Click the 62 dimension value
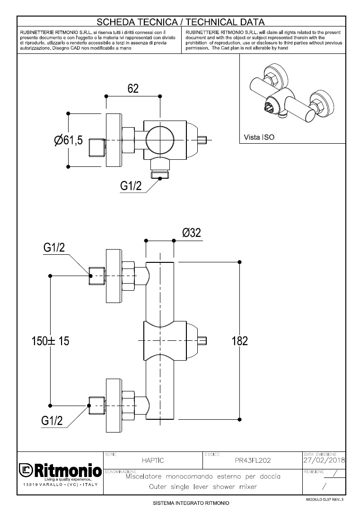(133, 88)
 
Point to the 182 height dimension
(241, 340)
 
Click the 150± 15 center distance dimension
(51, 341)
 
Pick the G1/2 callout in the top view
(131, 186)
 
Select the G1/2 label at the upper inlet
(54, 248)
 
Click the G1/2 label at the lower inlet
(52, 420)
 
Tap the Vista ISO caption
(259, 138)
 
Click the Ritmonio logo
(60, 471)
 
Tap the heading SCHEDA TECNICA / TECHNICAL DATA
(180, 22)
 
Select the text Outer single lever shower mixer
(202, 486)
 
